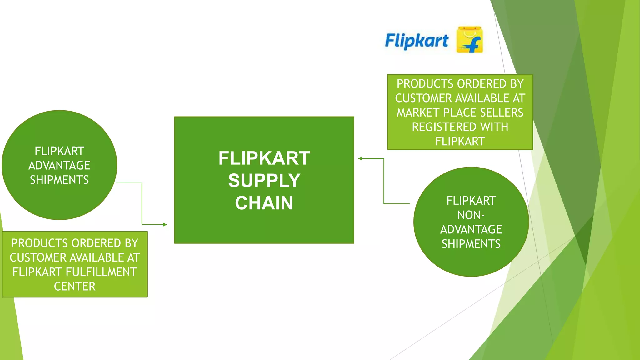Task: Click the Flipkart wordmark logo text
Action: (x=417, y=41)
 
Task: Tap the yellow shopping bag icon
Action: (x=469, y=40)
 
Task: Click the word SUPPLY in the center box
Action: (x=264, y=181)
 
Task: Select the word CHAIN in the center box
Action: (x=264, y=203)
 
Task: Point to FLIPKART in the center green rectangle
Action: (x=264, y=158)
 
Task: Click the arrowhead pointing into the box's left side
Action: (x=165, y=224)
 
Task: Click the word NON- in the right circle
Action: (x=471, y=215)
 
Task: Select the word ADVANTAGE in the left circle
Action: (x=59, y=165)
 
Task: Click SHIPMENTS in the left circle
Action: (x=59, y=180)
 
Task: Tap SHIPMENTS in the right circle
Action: (x=471, y=244)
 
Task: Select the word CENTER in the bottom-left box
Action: (x=75, y=286)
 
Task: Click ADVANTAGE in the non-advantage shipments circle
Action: (x=471, y=229)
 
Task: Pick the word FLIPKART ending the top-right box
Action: (x=460, y=141)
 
